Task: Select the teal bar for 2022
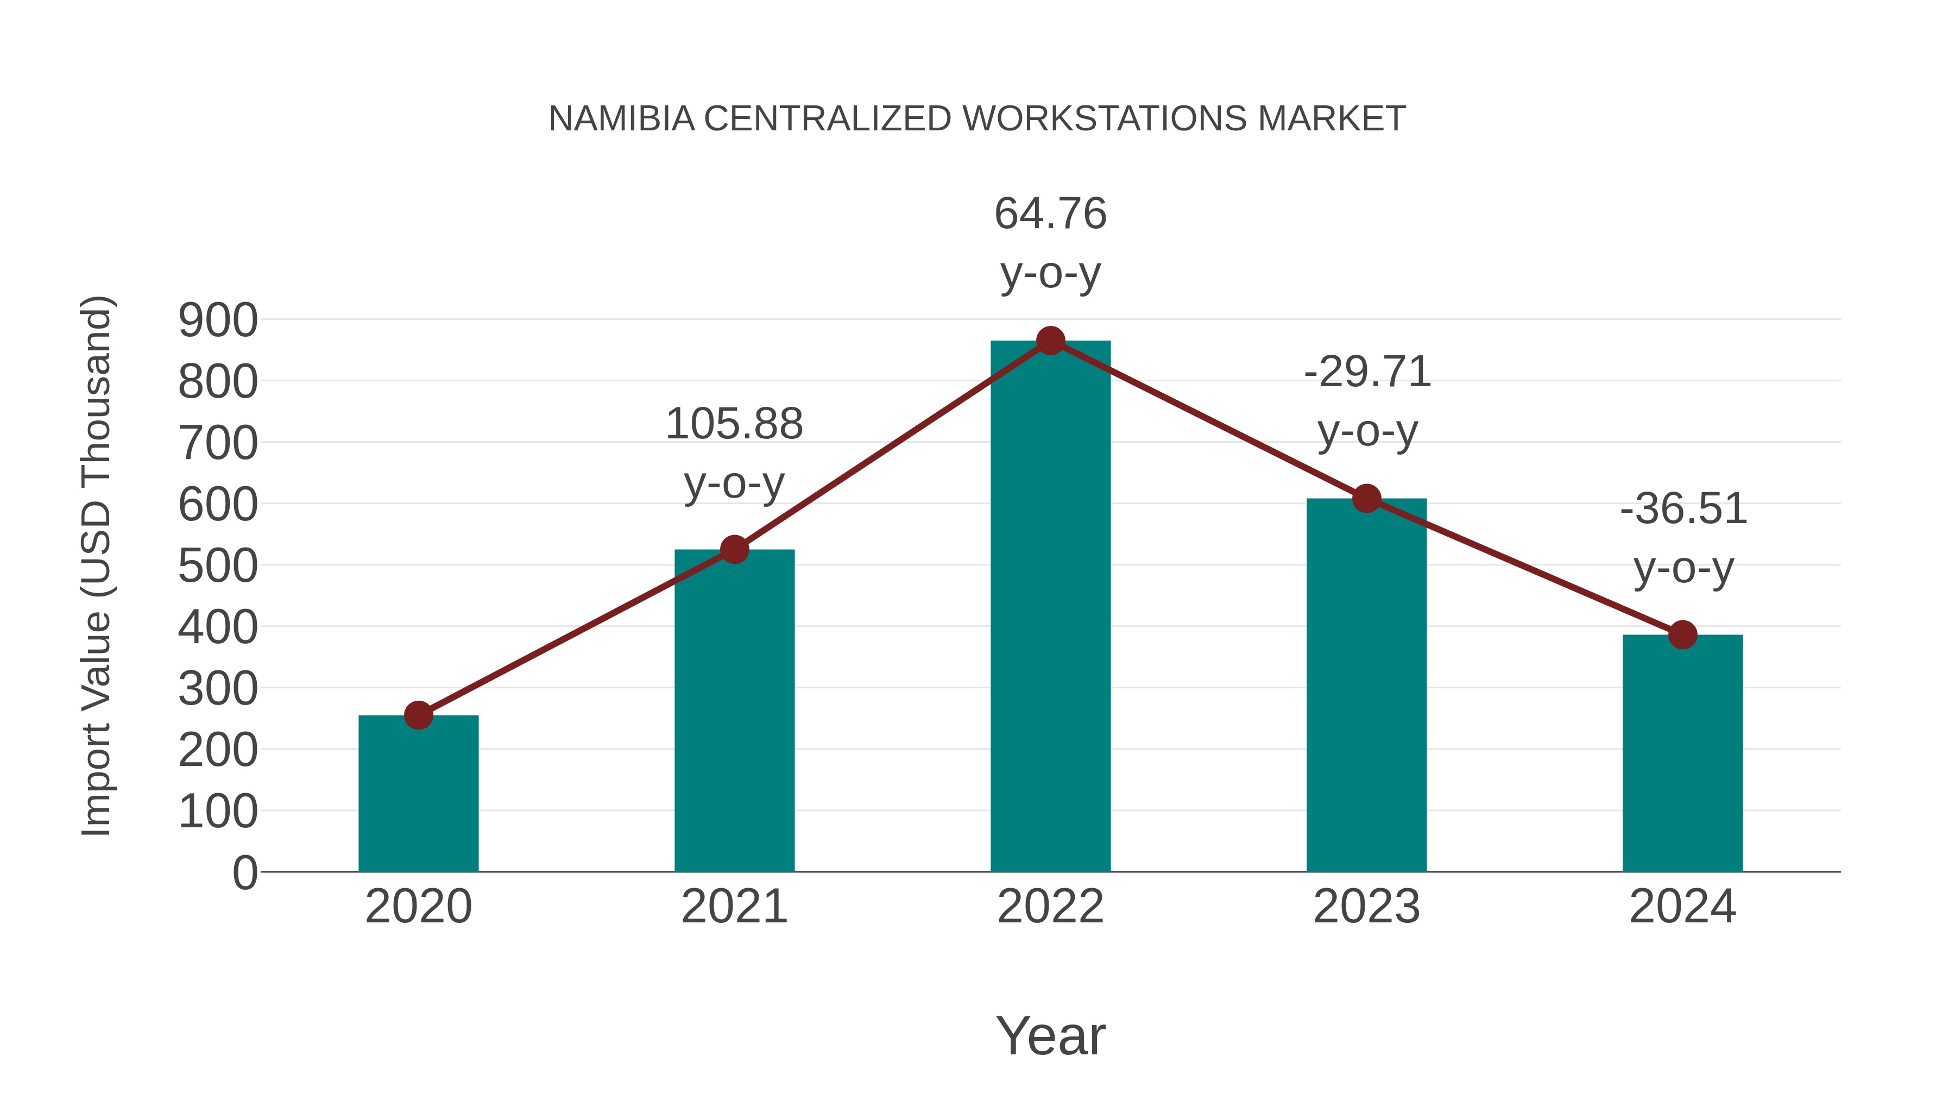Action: pos(1050,607)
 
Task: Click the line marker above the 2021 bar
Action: pos(734,549)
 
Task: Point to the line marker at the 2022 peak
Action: pos(1050,341)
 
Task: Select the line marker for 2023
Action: pos(1366,499)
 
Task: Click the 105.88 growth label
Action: pos(734,424)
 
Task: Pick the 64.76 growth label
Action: pos(1050,213)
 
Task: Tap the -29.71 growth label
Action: pos(1367,372)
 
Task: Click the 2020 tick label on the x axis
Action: pos(418,907)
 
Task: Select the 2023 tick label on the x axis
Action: pos(1366,907)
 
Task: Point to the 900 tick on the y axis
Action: pos(218,320)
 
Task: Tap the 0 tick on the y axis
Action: pos(244,873)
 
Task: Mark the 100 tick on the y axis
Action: pos(218,812)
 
